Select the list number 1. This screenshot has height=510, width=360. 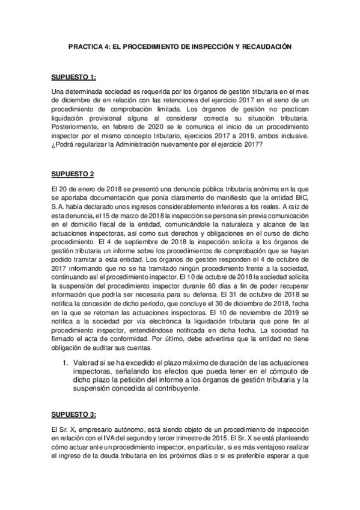click(66, 363)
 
